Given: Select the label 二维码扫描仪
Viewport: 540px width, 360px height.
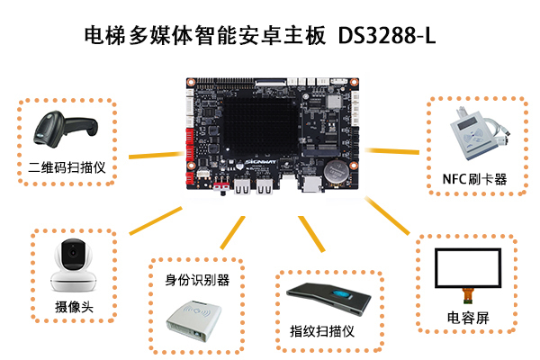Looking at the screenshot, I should pos(68,167).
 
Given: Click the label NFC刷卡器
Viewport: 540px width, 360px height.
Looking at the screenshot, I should pos(474,179).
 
